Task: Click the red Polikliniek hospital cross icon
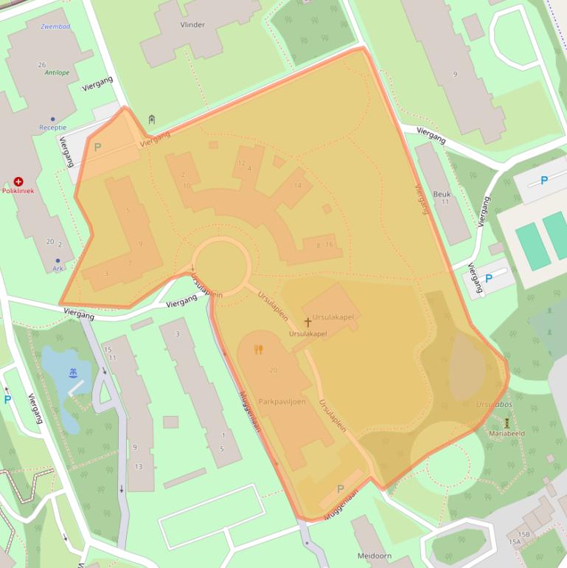click(x=18, y=181)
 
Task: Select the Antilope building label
click(x=56, y=73)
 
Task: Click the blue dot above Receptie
click(x=52, y=118)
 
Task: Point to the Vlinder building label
click(x=192, y=24)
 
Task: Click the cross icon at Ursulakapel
click(x=308, y=322)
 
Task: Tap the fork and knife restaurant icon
click(x=258, y=350)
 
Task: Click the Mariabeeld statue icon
click(x=507, y=423)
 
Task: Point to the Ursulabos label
click(x=493, y=405)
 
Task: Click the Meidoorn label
click(x=374, y=555)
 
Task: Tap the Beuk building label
click(x=442, y=193)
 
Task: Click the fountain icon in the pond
click(x=72, y=373)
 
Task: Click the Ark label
click(x=58, y=269)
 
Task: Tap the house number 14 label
click(x=298, y=185)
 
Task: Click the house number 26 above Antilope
click(x=42, y=65)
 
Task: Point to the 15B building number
click(x=523, y=533)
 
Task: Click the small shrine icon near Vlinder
click(x=152, y=120)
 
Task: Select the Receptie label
click(x=52, y=128)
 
